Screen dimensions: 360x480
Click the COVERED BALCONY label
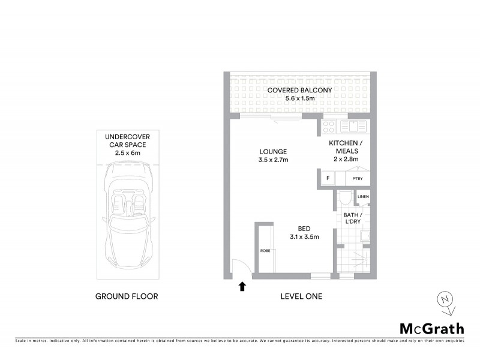[299, 90]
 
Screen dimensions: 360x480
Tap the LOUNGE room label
[273, 152]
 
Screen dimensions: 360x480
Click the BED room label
[304, 228]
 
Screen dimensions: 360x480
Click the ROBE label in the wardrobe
[264, 251]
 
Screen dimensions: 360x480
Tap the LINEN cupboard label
[362, 197]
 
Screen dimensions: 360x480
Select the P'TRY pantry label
[358, 178]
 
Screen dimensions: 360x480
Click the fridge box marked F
[328, 178]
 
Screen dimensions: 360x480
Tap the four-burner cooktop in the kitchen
[328, 127]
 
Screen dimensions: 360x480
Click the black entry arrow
[242, 286]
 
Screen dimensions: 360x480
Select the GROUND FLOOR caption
[127, 296]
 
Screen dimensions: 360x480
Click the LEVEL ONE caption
[302, 296]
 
